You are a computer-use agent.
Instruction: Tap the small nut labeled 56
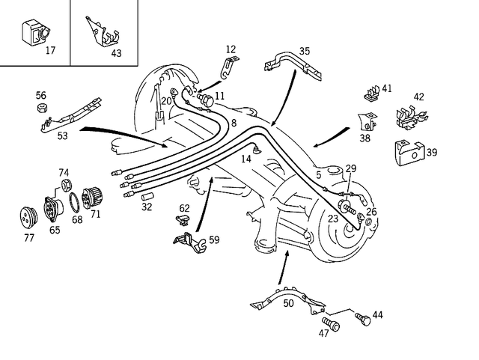pyautogui.click(x=43, y=109)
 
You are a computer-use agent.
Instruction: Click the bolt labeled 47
pyautogui.click(x=331, y=325)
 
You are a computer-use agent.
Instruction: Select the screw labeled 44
pyautogui.click(x=363, y=320)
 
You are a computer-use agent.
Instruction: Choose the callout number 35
pyautogui.click(x=305, y=52)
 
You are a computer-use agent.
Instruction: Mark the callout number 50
pyautogui.click(x=288, y=302)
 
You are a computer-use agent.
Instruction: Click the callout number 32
pyautogui.click(x=147, y=207)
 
